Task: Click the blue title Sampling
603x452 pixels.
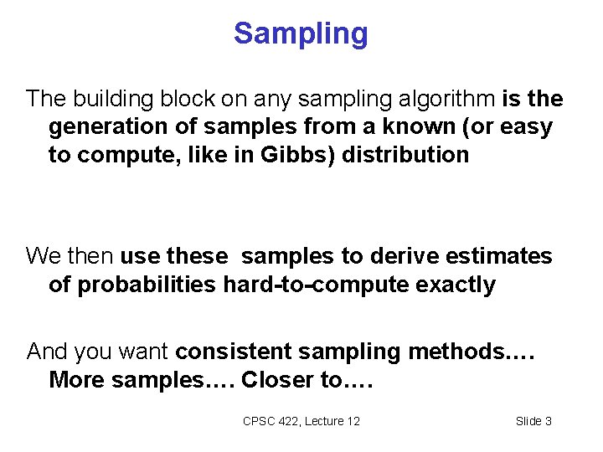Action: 301,33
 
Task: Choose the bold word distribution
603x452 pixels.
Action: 405,155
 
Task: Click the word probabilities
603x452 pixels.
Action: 148,285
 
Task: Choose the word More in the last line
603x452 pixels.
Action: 75,380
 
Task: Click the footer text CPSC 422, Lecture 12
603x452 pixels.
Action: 301,421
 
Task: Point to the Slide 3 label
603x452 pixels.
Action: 533,421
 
